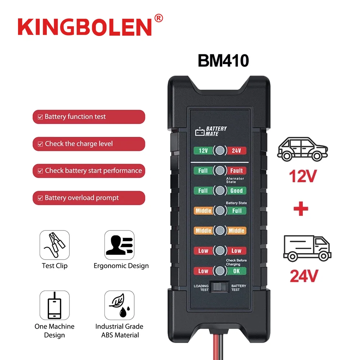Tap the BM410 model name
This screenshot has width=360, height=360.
(x=223, y=60)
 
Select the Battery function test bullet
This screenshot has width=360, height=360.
(x=89, y=117)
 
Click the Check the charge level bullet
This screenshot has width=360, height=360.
(x=89, y=144)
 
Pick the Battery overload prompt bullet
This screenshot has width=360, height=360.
(x=89, y=198)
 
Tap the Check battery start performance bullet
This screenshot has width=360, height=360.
(x=89, y=171)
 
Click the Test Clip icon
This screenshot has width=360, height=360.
(x=54, y=245)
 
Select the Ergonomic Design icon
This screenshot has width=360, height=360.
(x=120, y=245)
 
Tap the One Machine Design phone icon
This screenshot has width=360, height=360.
(x=54, y=305)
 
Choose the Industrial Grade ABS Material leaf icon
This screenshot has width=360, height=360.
(x=120, y=305)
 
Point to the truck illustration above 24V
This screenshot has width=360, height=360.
(x=307, y=248)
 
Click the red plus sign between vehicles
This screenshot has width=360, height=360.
(x=301, y=209)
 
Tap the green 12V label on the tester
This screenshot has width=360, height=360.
(x=203, y=150)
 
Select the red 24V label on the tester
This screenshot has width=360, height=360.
(x=237, y=150)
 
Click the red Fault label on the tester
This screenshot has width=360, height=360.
(x=237, y=170)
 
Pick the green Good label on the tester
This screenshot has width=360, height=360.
(x=237, y=190)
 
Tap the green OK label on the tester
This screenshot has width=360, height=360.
(x=237, y=271)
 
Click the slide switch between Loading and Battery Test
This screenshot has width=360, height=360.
(x=220, y=287)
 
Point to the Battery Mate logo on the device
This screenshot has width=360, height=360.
(x=212, y=131)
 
